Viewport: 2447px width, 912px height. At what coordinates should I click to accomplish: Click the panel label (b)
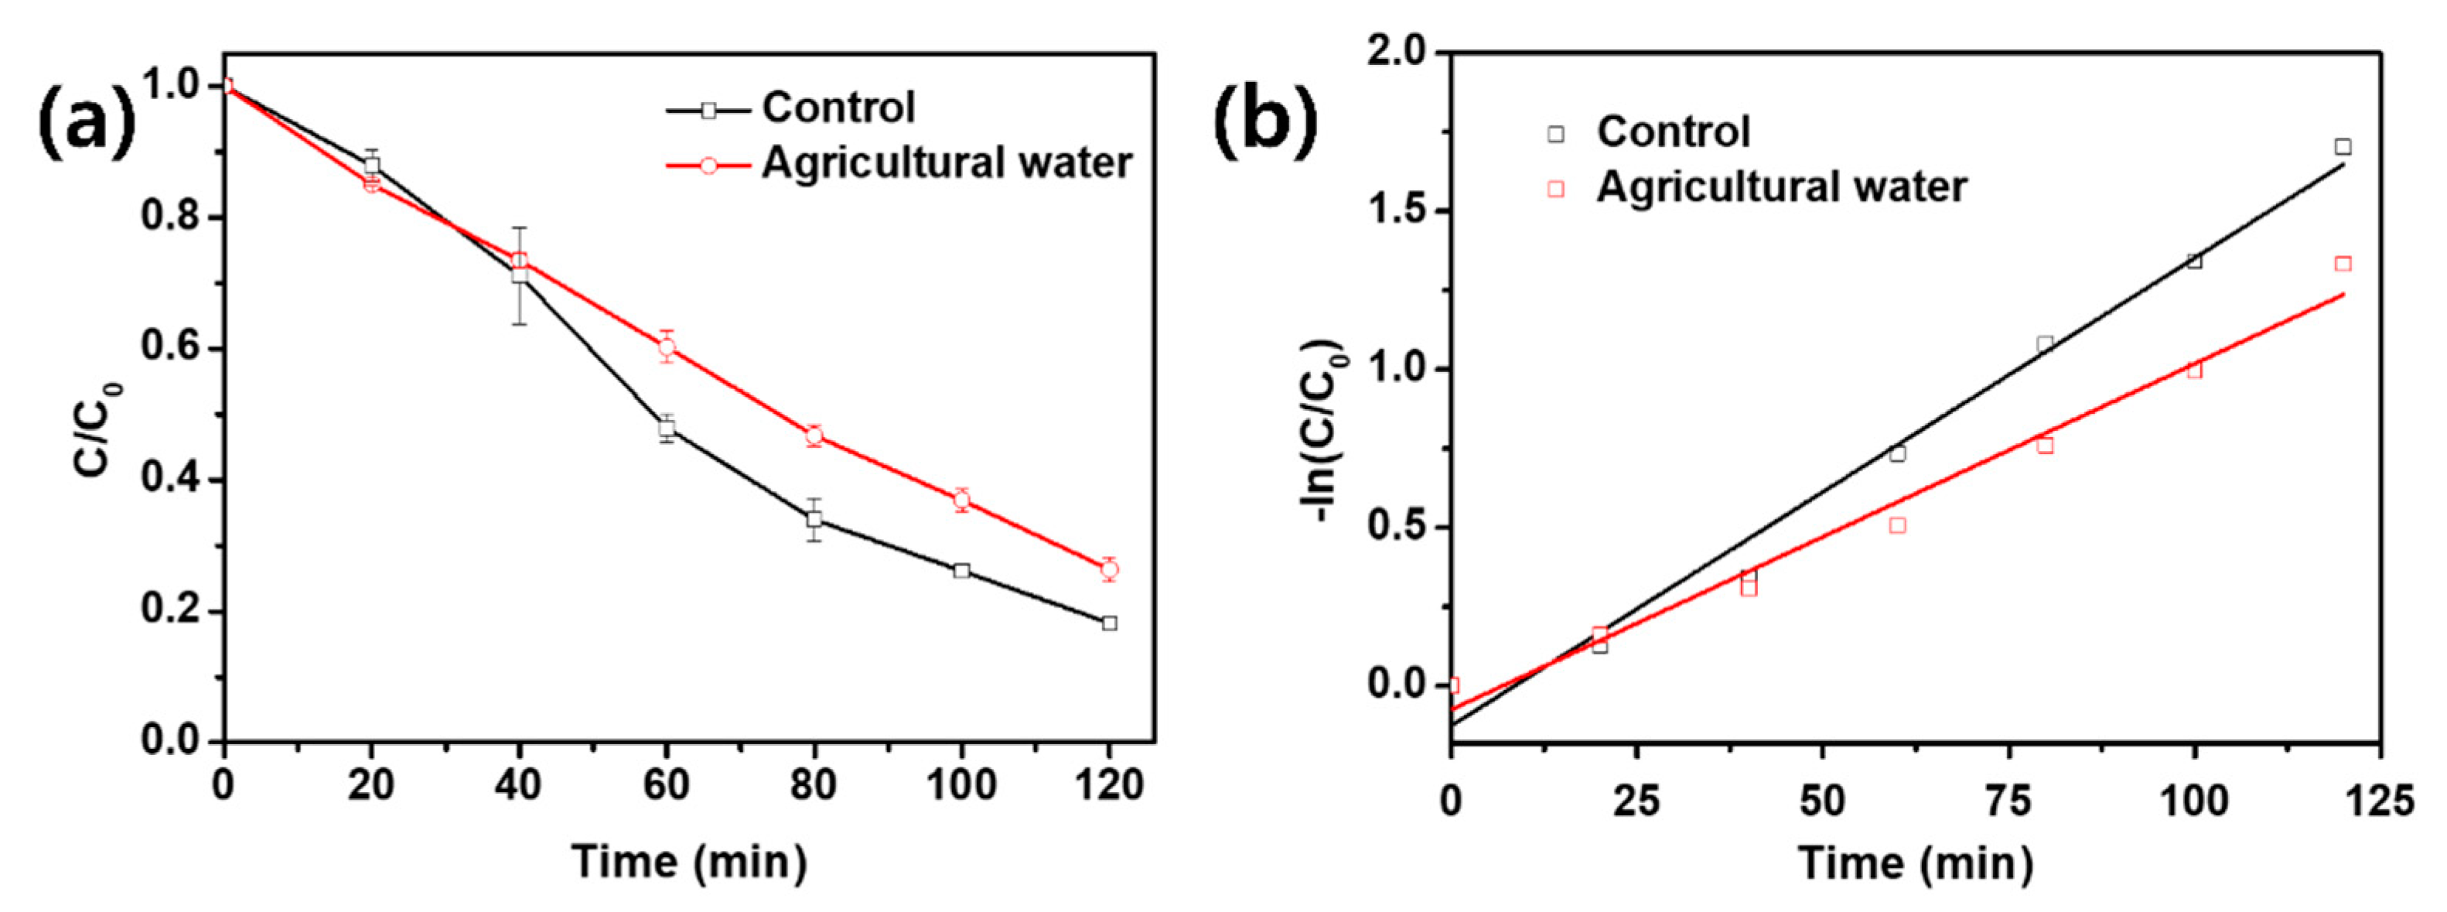tap(1265, 121)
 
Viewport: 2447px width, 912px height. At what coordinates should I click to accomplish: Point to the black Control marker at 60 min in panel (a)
tap(667, 428)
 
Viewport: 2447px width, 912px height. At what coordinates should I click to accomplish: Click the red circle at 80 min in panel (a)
tap(814, 436)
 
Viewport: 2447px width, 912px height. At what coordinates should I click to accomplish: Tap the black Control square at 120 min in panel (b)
tap(2343, 146)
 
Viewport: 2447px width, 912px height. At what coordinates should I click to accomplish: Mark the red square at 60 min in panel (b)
tap(1897, 525)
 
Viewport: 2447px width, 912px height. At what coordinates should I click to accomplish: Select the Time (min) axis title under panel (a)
tap(690, 862)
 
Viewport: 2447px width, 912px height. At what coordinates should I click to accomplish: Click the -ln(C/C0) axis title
tap(1322, 432)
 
